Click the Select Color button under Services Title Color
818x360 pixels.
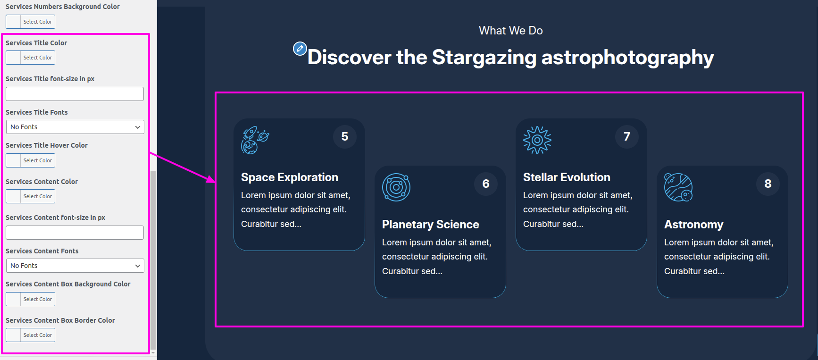click(30, 58)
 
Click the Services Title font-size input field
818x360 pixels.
click(75, 94)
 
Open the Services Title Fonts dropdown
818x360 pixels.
click(75, 127)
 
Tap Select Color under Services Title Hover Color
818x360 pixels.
click(30, 160)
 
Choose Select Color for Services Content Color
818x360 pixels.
click(30, 196)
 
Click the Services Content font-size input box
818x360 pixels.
click(75, 233)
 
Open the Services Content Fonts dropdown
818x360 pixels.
click(75, 266)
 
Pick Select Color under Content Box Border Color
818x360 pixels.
click(30, 335)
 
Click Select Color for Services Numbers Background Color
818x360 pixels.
click(30, 22)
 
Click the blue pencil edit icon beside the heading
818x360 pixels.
click(300, 49)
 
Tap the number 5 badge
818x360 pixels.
click(345, 137)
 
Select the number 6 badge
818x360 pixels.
click(486, 184)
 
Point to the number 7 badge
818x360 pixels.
click(627, 137)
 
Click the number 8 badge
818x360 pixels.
click(768, 184)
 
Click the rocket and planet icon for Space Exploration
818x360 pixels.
click(255, 140)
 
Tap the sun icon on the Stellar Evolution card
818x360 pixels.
click(537, 140)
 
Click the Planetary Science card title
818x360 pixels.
click(431, 225)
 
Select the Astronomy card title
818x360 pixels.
click(694, 225)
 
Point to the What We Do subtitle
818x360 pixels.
click(511, 31)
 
